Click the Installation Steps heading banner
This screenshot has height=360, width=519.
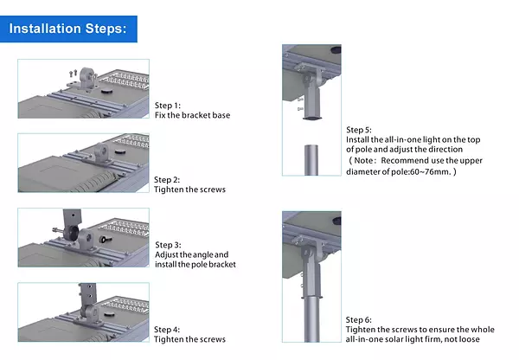[x=68, y=29]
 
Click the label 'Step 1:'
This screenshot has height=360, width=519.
[x=168, y=106]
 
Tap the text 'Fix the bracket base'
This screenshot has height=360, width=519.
[x=192, y=115]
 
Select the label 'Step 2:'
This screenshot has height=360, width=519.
[x=167, y=180]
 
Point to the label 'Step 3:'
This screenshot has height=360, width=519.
[x=168, y=245]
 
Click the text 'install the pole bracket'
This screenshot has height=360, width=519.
[x=195, y=264]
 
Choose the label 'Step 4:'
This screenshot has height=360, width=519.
[x=167, y=330]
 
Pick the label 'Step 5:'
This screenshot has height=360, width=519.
[x=359, y=130]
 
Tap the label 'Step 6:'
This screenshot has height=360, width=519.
[x=358, y=320]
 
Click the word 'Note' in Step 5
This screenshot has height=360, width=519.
[x=363, y=161]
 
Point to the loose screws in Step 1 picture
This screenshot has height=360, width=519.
[x=74, y=73]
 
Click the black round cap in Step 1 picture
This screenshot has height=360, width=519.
[x=106, y=91]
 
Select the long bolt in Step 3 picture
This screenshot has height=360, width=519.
[x=59, y=230]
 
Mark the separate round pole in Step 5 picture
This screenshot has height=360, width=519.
[x=311, y=160]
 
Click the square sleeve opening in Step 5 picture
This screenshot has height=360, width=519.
[x=312, y=118]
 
